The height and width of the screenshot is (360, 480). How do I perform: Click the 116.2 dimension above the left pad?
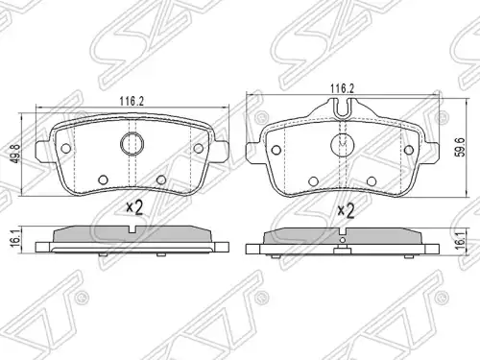[132, 102]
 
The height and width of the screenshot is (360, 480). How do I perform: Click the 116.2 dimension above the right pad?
[343, 88]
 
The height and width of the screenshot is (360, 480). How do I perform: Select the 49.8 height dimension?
[16, 154]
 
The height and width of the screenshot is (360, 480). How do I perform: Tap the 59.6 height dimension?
[461, 147]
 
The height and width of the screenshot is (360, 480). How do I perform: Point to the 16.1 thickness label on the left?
[15, 238]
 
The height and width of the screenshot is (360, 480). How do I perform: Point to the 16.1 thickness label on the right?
[461, 241]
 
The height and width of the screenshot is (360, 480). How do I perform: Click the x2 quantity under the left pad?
[134, 207]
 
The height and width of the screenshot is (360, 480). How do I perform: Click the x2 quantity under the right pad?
[346, 211]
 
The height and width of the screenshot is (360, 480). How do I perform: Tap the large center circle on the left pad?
[132, 144]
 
